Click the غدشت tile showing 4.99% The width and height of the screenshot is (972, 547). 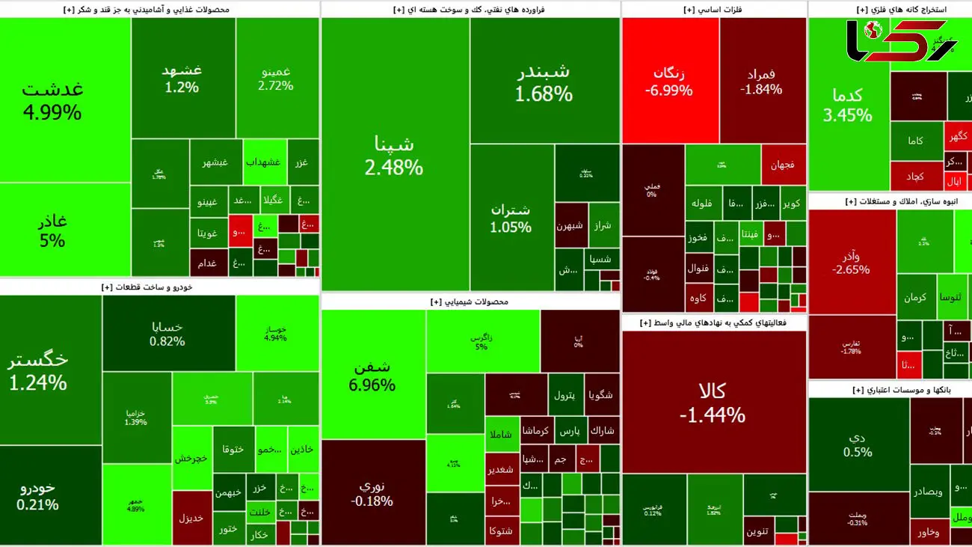(x=52, y=101)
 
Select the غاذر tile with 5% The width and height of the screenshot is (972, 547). (x=52, y=230)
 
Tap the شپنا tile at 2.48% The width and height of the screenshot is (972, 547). (x=394, y=155)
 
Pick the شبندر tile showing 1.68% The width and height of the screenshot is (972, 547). (x=544, y=82)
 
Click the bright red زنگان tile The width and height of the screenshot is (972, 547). (x=669, y=81)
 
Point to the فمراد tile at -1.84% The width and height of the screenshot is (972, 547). (x=761, y=81)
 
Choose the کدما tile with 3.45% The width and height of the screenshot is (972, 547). (x=848, y=105)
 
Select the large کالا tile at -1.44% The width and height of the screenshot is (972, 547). (x=713, y=402)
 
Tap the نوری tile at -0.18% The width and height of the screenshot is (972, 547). (x=372, y=492)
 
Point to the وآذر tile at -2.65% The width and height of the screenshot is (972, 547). (x=851, y=262)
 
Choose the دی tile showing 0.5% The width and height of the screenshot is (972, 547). (x=858, y=443)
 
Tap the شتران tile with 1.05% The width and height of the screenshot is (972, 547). (x=511, y=217)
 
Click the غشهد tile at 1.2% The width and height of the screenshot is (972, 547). (x=182, y=78)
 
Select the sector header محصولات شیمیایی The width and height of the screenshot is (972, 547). (x=470, y=302)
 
